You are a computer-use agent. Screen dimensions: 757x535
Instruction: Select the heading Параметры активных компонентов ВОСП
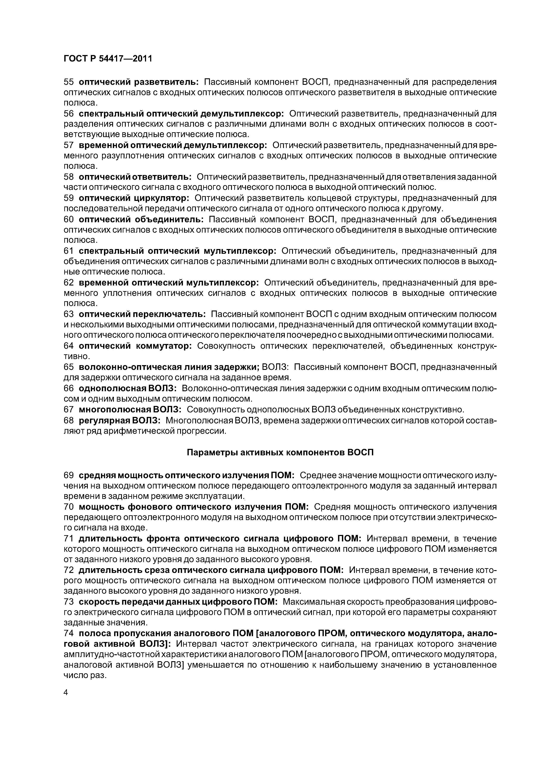(280, 452)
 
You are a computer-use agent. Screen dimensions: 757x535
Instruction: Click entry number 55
(69, 82)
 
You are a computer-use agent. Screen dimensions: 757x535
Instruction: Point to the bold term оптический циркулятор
(134, 198)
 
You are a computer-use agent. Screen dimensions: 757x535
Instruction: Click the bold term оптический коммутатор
(135, 346)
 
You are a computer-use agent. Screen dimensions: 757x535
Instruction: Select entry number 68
(69, 420)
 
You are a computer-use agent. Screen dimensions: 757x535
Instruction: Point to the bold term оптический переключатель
(142, 314)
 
